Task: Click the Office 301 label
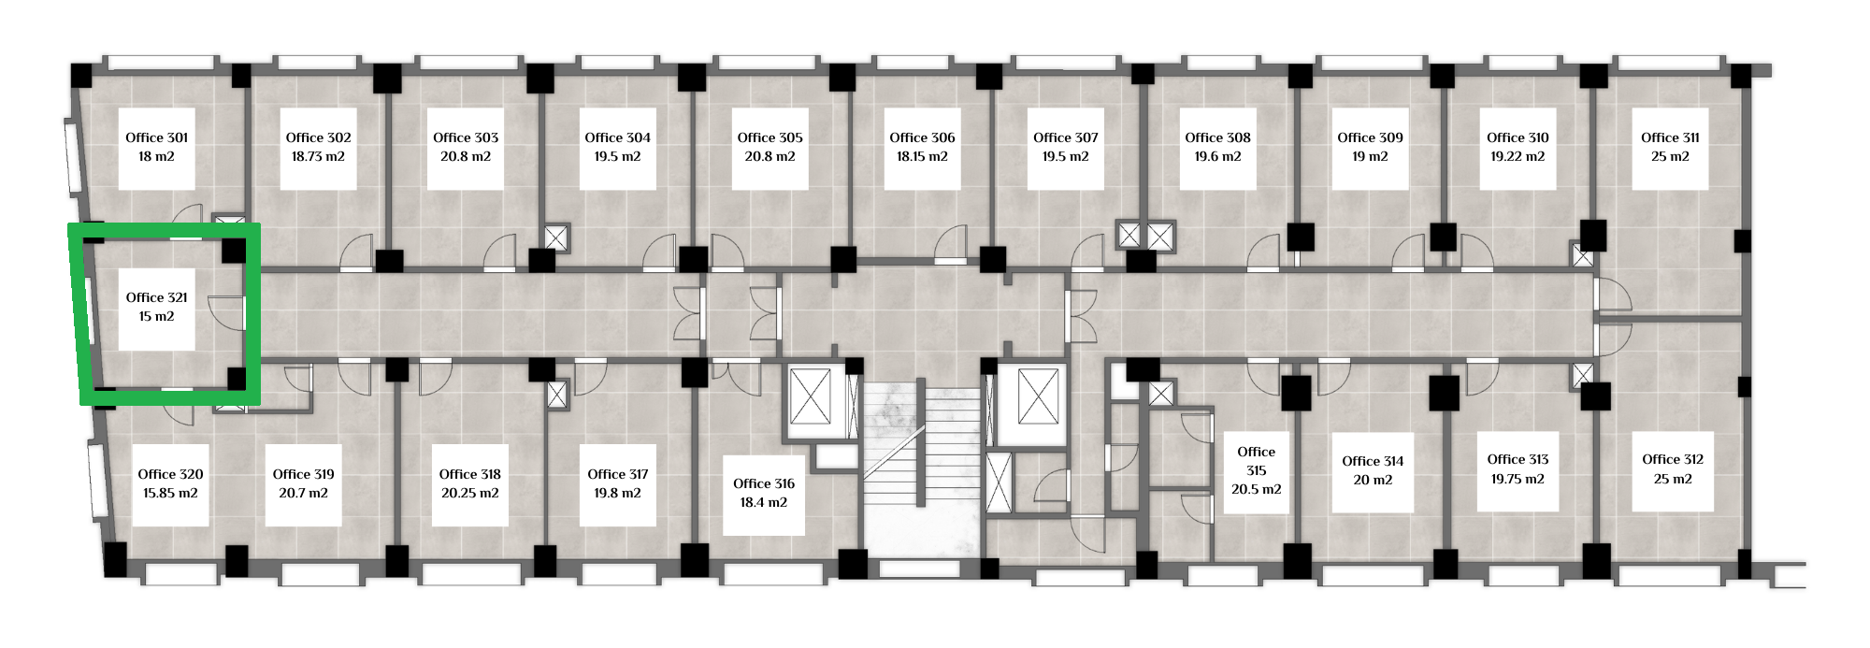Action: click(157, 137)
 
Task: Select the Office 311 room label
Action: click(1670, 137)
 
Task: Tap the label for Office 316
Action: click(764, 483)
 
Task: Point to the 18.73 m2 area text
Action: click(318, 157)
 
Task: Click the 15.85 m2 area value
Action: click(170, 494)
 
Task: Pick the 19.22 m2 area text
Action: click(1518, 157)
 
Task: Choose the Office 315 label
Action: click(1256, 461)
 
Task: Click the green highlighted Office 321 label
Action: click(157, 297)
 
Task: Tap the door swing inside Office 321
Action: click(226, 312)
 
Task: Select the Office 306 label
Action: click(922, 137)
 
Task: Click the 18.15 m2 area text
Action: click(922, 157)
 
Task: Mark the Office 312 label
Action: click(1673, 459)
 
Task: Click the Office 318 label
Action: click(469, 474)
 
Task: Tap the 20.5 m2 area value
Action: click(1256, 490)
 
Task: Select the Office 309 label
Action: click(1370, 137)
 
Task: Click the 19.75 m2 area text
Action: click(1518, 479)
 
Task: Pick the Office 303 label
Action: click(466, 137)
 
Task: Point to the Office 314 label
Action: click(1373, 461)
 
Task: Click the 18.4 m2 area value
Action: click(764, 503)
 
